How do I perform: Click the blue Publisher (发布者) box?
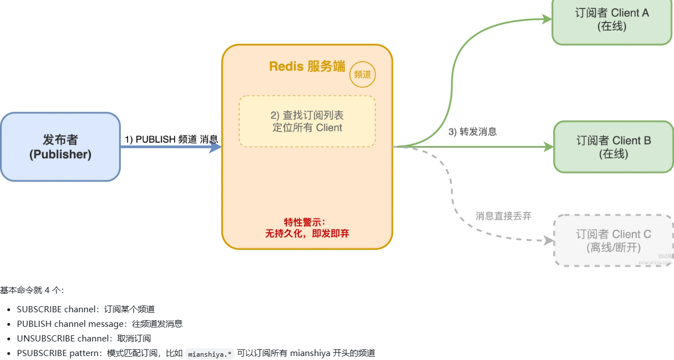point(60,147)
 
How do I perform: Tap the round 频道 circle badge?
point(363,74)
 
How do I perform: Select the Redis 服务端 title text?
point(307,66)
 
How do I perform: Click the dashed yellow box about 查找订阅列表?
point(307,121)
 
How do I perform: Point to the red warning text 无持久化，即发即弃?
point(307,233)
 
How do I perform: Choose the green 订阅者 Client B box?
point(613,147)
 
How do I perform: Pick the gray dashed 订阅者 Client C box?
point(613,240)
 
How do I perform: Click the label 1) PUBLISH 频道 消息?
point(171,139)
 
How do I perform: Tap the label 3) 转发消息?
point(472,132)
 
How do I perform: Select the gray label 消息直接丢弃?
point(503,216)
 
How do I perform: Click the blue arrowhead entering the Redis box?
point(215,147)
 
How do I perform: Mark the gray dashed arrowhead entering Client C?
point(548,240)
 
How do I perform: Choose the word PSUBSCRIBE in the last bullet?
point(42,353)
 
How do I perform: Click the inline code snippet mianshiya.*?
point(210,354)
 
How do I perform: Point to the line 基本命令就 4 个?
point(32,290)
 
